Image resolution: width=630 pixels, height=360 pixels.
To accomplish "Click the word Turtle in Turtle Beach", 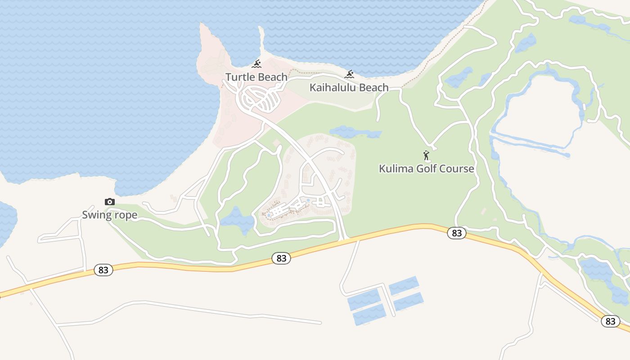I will point(239,77).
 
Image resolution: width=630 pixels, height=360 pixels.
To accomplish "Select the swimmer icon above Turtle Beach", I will point(256,64).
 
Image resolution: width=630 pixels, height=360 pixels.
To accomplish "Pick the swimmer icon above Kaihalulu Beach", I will point(349,74).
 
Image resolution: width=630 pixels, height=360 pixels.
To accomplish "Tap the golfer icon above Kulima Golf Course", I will point(426,156).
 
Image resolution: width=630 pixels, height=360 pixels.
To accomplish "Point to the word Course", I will point(458,169).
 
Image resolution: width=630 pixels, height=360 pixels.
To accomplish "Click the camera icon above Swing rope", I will point(109,202).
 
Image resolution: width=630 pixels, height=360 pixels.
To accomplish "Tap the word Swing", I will point(96,215).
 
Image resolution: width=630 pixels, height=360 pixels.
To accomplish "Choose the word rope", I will point(126,215).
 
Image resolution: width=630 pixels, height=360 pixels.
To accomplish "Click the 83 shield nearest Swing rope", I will point(103,270).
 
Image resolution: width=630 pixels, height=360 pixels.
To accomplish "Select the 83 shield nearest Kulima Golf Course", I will point(457,233).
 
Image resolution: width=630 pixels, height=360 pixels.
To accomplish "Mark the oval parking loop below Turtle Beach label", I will point(261,99).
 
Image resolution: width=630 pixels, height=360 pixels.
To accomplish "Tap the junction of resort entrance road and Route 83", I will point(345,240).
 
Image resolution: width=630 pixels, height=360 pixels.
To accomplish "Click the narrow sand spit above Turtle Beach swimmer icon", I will point(261,38).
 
